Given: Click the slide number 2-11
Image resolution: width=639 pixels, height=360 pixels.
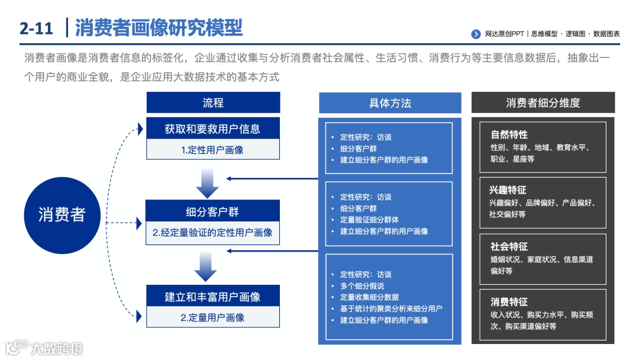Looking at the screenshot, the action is click(x=36, y=28).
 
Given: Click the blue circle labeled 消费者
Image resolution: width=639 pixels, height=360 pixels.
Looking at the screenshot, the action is click(x=62, y=214).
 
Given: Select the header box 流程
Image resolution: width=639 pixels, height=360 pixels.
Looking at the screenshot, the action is click(x=213, y=102).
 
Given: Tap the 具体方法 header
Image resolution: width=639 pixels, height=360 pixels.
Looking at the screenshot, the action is click(x=390, y=102).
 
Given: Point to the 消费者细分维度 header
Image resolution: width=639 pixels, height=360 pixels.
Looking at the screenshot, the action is click(x=543, y=102).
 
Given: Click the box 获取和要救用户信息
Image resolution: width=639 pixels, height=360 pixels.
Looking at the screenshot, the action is click(x=212, y=128).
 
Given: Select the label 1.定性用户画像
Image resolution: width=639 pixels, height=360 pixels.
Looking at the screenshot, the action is click(x=212, y=150).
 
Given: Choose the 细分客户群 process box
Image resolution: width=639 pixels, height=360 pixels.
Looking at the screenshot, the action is click(x=212, y=211).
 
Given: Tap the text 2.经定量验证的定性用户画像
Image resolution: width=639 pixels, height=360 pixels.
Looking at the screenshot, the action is click(x=212, y=233).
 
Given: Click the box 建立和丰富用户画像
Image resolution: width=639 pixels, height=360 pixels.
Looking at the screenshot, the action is click(x=212, y=296).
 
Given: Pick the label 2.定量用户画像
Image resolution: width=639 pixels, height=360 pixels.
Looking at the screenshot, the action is click(x=212, y=317).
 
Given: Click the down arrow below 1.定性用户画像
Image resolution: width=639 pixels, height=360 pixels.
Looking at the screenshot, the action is click(x=207, y=183).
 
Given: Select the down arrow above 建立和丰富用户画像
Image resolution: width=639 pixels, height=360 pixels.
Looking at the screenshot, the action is click(x=207, y=267).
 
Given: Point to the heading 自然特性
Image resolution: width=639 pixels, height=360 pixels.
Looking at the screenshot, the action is click(x=509, y=134).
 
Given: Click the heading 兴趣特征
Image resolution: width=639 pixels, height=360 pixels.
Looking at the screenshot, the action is click(x=508, y=190).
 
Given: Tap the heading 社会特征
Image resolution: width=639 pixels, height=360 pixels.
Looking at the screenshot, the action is click(x=509, y=246).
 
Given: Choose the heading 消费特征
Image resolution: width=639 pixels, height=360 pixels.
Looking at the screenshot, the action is click(x=509, y=302).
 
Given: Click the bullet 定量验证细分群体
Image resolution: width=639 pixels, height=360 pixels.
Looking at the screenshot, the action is click(x=369, y=220).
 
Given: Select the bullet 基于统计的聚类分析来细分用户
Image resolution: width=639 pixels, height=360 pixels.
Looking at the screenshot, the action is click(x=391, y=308).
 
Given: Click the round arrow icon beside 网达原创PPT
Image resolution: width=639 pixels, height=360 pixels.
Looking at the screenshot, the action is click(x=476, y=34).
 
